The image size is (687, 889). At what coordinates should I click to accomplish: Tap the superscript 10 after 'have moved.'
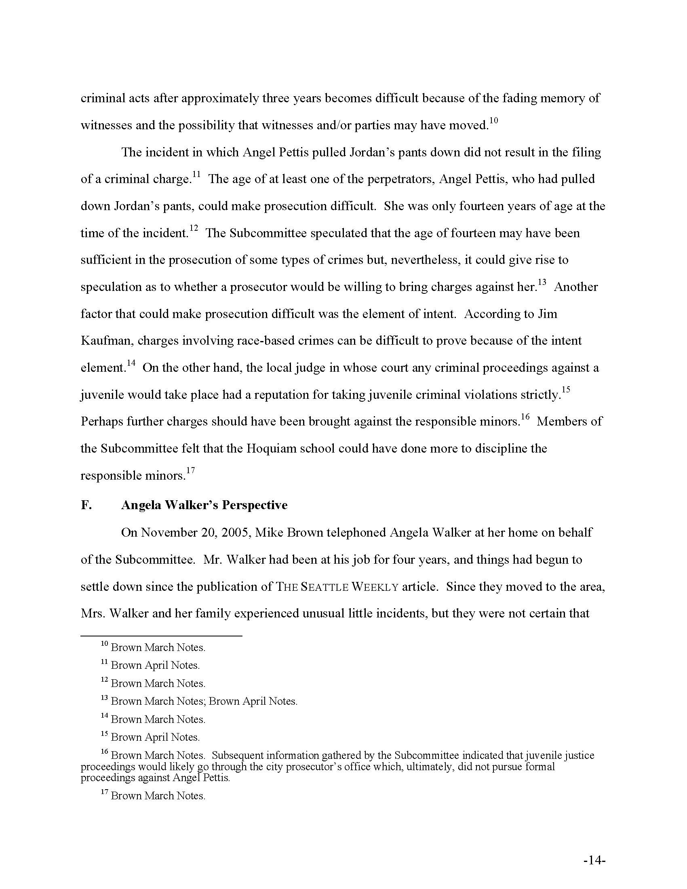(493, 121)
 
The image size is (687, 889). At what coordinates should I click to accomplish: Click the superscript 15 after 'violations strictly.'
(566, 390)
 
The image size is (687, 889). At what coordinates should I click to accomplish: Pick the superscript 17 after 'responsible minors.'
(190, 471)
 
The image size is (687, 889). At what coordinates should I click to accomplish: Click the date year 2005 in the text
(234, 533)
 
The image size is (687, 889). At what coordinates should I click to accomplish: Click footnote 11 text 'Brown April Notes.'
(155, 665)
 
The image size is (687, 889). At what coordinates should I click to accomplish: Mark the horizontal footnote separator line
(161, 635)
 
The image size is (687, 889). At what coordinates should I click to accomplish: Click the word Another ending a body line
(576, 287)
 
